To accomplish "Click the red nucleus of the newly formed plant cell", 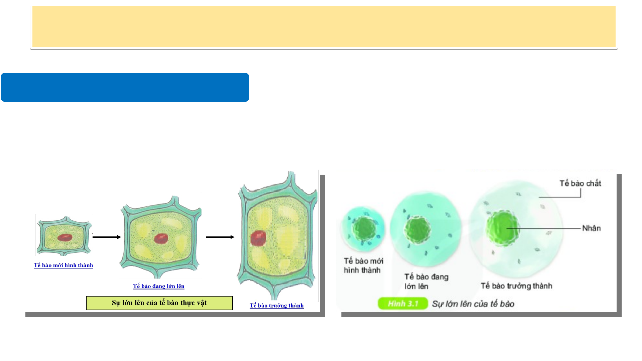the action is click(x=65, y=237).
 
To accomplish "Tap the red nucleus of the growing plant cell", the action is click(x=161, y=238).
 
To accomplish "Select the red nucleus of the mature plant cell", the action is click(x=258, y=238).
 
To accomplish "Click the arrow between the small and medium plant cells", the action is click(x=107, y=237).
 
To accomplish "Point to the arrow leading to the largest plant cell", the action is click(x=220, y=237).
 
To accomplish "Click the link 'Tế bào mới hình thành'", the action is click(x=63, y=265).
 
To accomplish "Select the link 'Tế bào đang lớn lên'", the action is click(x=159, y=286).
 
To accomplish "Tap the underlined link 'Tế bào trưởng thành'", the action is click(x=277, y=306).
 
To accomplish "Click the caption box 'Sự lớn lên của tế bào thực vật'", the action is click(x=159, y=303).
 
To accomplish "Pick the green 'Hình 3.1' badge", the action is click(x=403, y=304).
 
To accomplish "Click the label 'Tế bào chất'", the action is click(x=580, y=183).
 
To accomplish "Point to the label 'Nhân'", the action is click(x=592, y=228).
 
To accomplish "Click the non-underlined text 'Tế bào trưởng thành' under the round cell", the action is click(x=516, y=286).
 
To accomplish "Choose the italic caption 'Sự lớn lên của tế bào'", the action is click(x=473, y=304).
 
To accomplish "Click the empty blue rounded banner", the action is click(x=125, y=87).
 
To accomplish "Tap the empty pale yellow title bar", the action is click(x=324, y=27).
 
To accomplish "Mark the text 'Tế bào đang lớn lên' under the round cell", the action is click(x=426, y=282).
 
